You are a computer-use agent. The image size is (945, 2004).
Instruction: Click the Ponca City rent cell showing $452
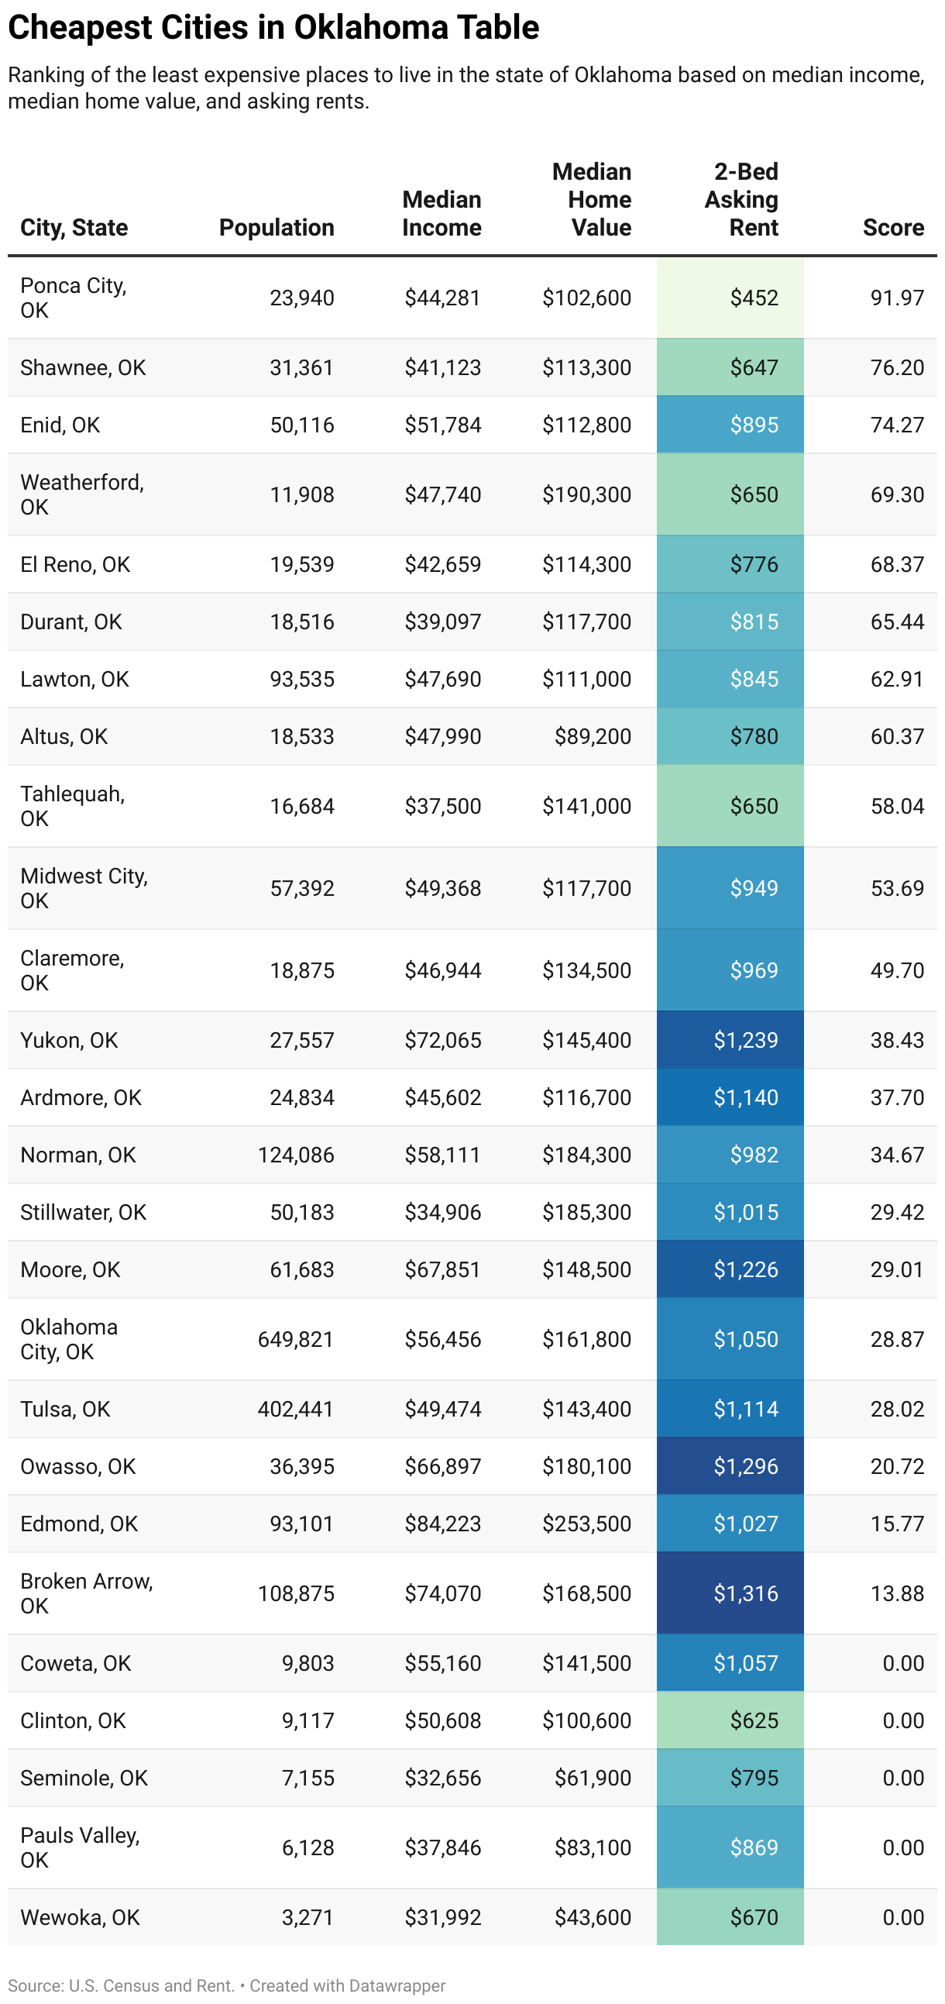coord(753,298)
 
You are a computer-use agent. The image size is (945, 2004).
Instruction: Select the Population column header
coord(276,228)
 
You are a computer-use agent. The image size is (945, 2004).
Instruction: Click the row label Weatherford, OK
coord(81,494)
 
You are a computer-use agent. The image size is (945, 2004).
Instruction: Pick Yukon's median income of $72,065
coord(442,1040)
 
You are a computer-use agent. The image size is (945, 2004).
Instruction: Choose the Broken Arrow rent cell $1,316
coord(745,1593)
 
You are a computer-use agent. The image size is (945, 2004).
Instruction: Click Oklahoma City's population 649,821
coord(296,1339)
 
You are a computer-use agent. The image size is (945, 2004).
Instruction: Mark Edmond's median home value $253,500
coord(586,1524)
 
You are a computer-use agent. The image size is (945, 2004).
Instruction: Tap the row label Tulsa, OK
coord(65,1409)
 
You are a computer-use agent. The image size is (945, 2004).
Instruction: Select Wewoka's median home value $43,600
coord(592,1918)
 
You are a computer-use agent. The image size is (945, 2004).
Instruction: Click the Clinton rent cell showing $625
coord(753,1721)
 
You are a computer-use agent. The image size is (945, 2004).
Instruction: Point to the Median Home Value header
coord(593,200)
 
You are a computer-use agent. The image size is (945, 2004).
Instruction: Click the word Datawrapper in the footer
coord(397,1985)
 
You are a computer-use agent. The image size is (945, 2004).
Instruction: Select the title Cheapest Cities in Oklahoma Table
coord(273,28)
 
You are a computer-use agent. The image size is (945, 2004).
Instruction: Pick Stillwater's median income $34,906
coord(442,1212)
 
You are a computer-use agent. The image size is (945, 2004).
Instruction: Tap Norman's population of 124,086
coord(296,1155)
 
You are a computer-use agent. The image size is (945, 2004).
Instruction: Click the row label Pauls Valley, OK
coord(79,1847)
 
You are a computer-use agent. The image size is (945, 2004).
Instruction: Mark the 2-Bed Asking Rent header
coord(742,200)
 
